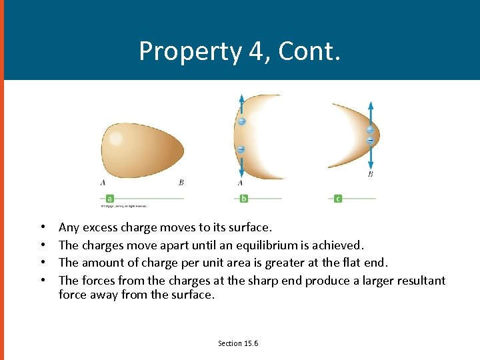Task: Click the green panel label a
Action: tap(109, 198)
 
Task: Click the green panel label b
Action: tap(244, 198)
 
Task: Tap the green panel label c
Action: tap(338, 198)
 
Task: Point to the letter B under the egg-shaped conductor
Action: tap(181, 182)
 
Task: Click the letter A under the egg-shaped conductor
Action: tap(103, 182)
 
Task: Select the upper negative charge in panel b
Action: tap(241, 121)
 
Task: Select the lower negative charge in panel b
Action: tap(241, 149)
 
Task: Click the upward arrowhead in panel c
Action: tap(371, 106)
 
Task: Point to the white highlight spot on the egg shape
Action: tap(116, 139)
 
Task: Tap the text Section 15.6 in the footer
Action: tap(238, 343)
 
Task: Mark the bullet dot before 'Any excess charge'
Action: tap(43, 228)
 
